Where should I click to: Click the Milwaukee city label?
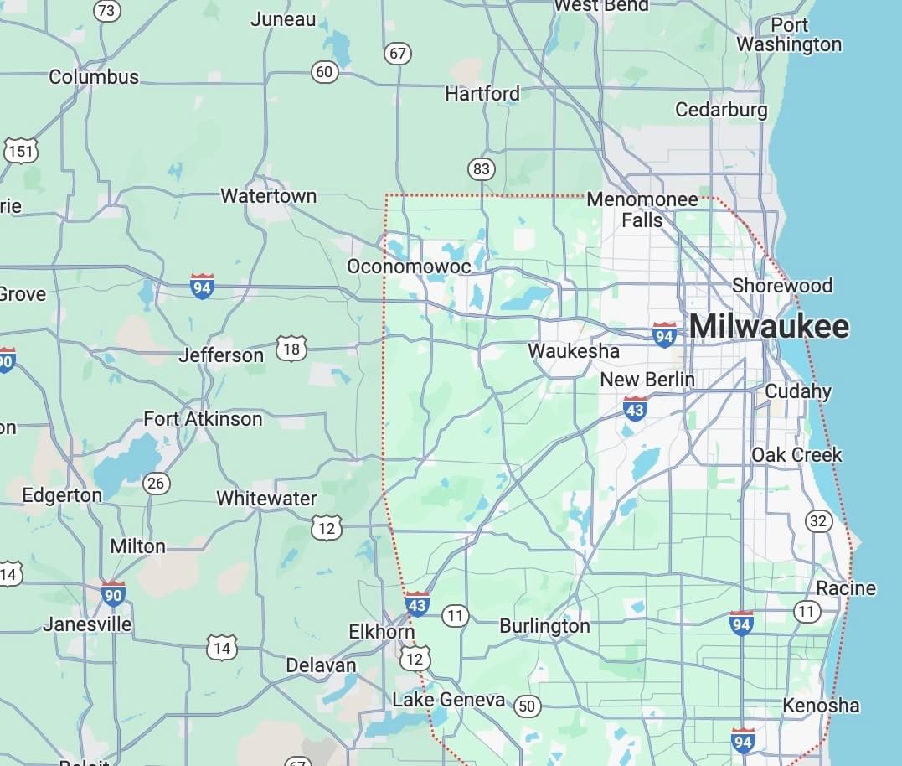(x=769, y=327)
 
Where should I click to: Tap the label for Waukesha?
(x=574, y=351)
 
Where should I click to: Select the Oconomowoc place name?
(x=409, y=266)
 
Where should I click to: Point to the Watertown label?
(x=268, y=196)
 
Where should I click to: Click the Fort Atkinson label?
(x=203, y=419)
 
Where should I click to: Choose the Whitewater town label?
(x=266, y=499)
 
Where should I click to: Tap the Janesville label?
(x=87, y=624)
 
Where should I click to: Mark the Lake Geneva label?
(x=449, y=700)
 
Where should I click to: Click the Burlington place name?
(x=544, y=626)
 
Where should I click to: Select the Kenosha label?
(x=821, y=706)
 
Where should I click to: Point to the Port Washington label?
(x=789, y=34)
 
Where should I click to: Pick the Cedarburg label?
(x=721, y=110)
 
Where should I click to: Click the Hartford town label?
(x=482, y=93)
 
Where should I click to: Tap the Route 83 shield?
(x=481, y=169)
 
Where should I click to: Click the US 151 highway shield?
(x=20, y=151)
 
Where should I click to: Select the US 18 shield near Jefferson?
(x=291, y=348)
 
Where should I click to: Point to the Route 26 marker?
(x=156, y=483)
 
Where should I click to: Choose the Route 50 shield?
(x=526, y=706)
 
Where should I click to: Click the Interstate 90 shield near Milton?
(x=113, y=594)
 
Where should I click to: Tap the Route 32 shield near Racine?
(x=818, y=521)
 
